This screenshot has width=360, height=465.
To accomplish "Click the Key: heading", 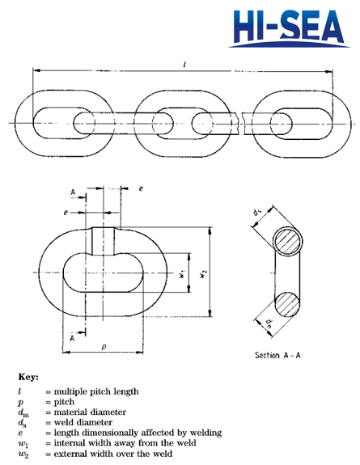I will [28, 377].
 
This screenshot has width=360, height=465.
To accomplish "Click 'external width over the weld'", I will [108, 454].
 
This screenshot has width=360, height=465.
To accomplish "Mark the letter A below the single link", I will [74, 336].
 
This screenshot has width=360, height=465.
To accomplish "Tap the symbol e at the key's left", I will [19, 433].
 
